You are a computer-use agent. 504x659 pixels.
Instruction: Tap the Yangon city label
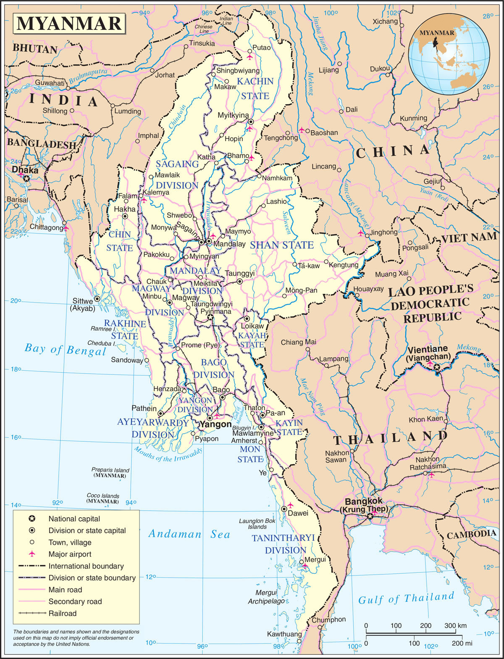215,424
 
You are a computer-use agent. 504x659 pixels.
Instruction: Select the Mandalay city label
229,244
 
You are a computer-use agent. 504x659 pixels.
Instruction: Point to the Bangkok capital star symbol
370,516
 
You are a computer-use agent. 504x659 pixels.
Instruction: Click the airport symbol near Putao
250,56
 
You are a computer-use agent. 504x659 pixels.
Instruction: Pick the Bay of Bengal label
65,350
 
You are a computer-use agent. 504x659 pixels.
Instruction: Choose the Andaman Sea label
189,534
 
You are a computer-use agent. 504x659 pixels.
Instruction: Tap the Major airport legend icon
31,554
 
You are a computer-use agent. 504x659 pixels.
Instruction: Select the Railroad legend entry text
63,613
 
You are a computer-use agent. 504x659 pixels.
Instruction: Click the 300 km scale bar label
456,625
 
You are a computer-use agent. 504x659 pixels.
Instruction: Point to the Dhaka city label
25,171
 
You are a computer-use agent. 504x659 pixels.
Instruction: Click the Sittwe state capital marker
97,298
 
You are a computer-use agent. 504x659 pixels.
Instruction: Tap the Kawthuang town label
284,634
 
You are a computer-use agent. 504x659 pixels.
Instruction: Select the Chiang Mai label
298,342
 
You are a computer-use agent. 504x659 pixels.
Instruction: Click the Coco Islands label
103,496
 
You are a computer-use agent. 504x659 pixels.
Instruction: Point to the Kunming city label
413,119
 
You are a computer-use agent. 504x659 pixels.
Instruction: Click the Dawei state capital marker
284,509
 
